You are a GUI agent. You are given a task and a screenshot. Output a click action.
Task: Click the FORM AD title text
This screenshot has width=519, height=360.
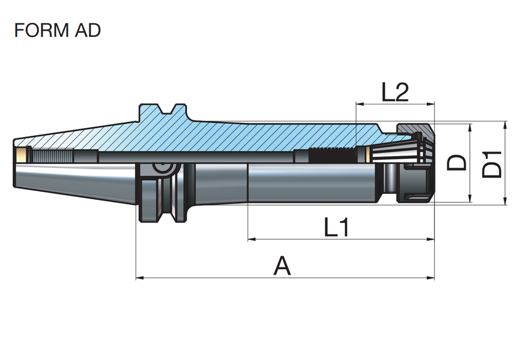click(57, 30)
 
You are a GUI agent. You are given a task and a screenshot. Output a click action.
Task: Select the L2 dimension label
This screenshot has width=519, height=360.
click(395, 92)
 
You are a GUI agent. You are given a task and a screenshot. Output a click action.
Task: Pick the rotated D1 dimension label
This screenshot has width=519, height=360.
click(492, 164)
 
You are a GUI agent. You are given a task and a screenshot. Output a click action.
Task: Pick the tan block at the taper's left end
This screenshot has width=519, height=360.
click(21, 155)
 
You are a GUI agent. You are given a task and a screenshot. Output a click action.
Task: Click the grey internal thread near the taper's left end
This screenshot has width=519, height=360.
click(52, 155)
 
